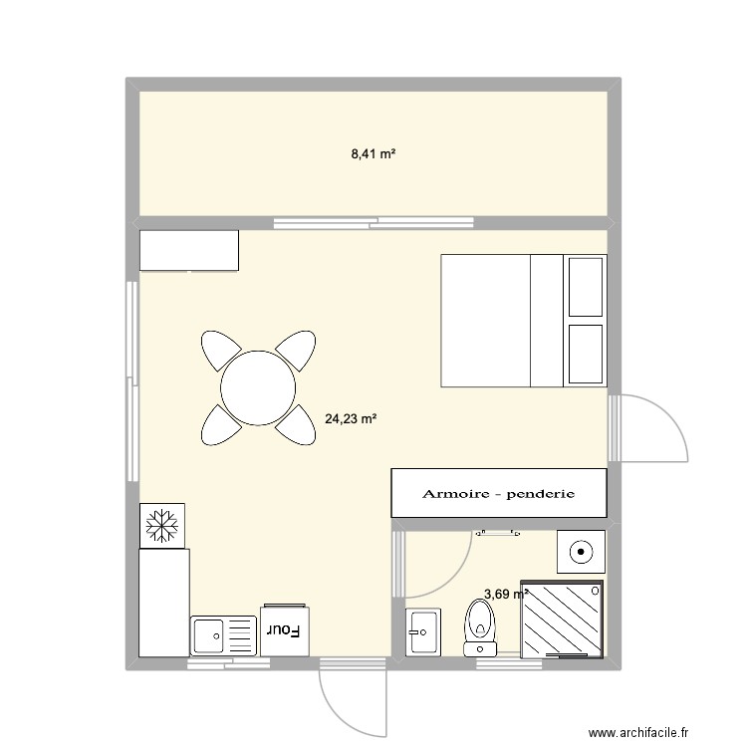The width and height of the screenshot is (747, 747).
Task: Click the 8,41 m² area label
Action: (x=373, y=153)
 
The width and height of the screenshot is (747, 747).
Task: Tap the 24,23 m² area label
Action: (x=351, y=419)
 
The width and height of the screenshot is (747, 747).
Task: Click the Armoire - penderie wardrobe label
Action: (x=499, y=494)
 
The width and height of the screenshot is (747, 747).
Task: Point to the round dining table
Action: (x=258, y=387)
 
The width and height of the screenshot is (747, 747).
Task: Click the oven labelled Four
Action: (x=284, y=629)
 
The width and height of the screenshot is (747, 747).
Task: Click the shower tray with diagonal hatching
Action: (x=563, y=619)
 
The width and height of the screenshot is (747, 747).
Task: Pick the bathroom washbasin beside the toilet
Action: (x=421, y=629)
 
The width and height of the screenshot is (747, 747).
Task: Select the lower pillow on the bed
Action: (x=585, y=353)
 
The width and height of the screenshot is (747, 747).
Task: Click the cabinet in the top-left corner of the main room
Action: (x=189, y=250)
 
